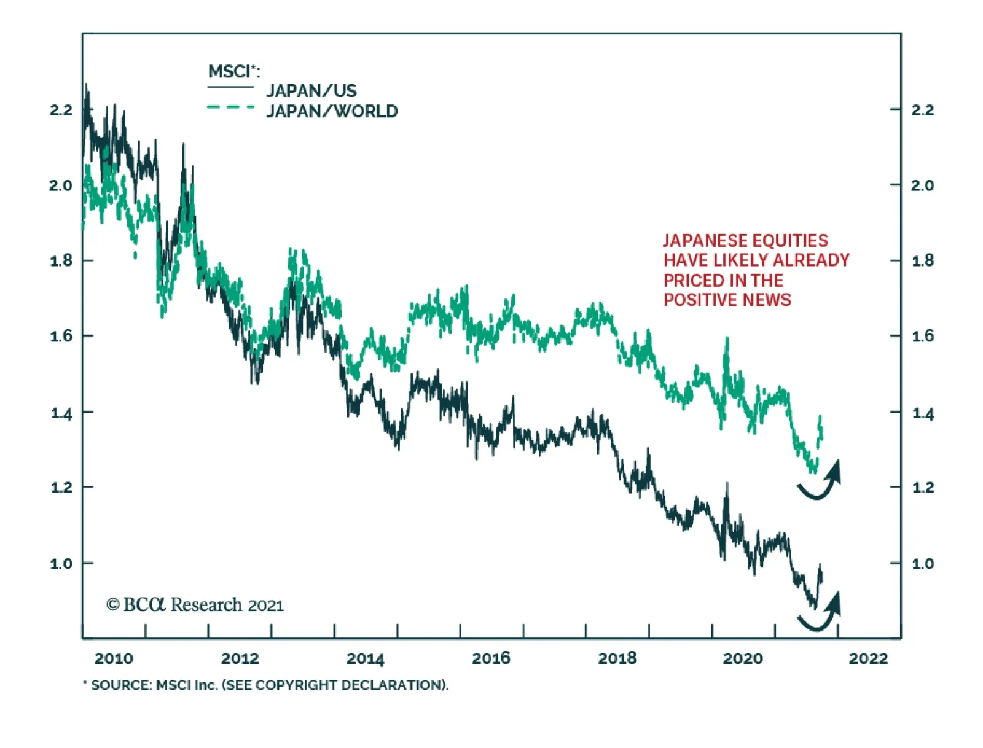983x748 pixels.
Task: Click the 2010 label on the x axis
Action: click(x=114, y=658)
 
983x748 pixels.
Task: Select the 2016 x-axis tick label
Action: click(x=491, y=658)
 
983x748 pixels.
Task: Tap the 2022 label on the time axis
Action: click(x=868, y=658)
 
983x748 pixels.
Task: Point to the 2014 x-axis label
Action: click(x=365, y=658)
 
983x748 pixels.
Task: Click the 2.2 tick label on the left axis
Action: click(x=61, y=110)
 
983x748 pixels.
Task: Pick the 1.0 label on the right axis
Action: click(x=922, y=563)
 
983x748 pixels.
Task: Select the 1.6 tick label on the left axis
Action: click(x=61, y=336)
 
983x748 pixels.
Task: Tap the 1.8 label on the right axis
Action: click(x=922, y=260)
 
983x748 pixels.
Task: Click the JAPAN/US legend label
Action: click(x=311, y=91)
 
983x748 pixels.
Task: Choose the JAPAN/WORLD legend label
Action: click(x=332, y=111)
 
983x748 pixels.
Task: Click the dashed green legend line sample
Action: click(x=230, y=107)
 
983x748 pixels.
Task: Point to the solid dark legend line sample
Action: click(x=230, y=87)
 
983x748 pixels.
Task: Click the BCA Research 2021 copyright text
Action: click(x=195, y=605)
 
